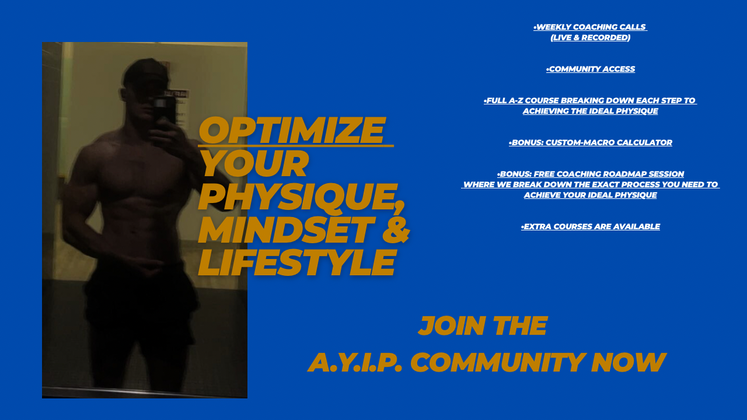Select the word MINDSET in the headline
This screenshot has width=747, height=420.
(287, 230)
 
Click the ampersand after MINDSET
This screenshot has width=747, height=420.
(396, 230)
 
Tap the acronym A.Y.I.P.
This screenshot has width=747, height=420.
(355, 362)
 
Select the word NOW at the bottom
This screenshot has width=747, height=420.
(629, 362)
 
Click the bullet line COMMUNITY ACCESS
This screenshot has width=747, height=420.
(591, 69)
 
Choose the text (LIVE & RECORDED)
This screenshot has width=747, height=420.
(590, 38)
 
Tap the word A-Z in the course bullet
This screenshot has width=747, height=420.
(515, 101)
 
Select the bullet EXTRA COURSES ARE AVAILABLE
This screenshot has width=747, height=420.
(591, 227)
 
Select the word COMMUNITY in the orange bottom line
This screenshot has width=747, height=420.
(498, 362)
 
